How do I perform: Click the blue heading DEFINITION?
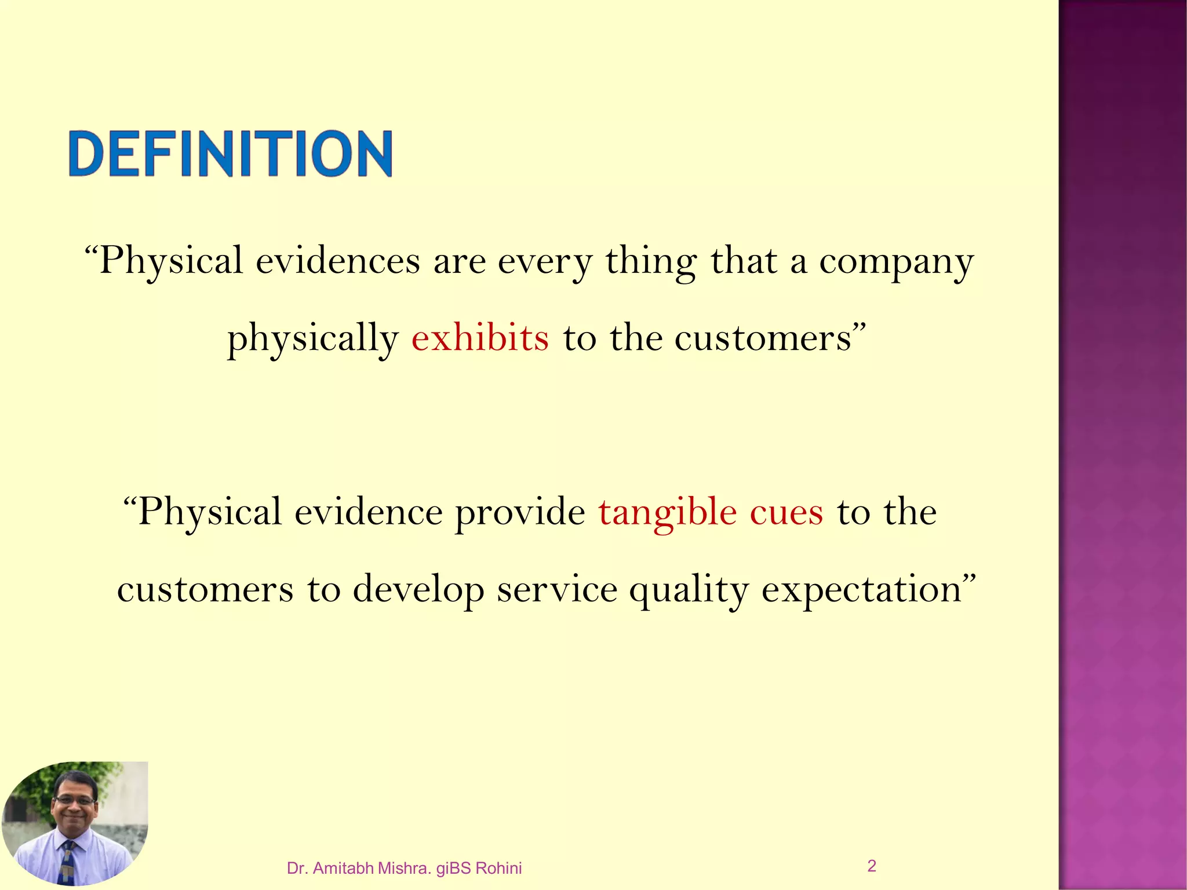coord(231,154)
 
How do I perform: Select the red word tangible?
coord(668,512)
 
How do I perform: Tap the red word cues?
coord(787,512)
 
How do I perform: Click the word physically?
coord(313,338)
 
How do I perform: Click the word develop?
coord(418,590)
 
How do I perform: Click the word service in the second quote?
coord(557,590)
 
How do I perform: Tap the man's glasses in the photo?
coord(75,800)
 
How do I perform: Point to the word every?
coord(545,262)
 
